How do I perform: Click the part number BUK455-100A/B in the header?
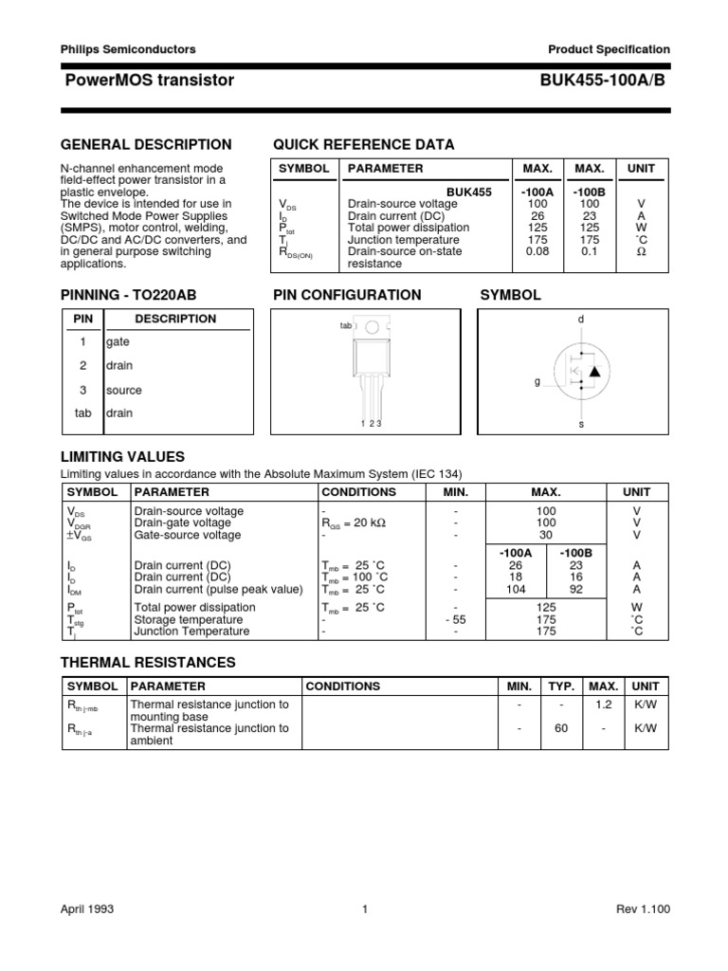pyautogui.click(x=605, y=81)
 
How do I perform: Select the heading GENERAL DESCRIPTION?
pyautogui.click(x=146, y=144)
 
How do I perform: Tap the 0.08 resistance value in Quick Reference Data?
pyautogui.click(x=537, y=252)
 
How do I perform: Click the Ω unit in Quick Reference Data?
pyautogui.click(x=642, y=252)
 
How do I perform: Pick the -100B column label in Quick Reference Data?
pyautogui.click(x=590, y=192)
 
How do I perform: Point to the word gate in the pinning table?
pyautogui.click(x=118, y=341)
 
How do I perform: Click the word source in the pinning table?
pyautogui.click(x=124, y=390)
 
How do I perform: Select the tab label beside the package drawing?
pyautogui.click(x=345, y=325)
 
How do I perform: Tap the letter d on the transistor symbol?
pyautogui.click(x=581, y=320)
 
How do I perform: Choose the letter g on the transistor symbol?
pyautogui.click(x=537, y=381)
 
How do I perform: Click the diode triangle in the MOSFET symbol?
pyautogui.click(x=594, y=371)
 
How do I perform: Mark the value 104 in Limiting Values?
pyautogui.click(x=517, y=589)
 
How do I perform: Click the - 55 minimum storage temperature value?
pyautogui.click(x=455, y=619)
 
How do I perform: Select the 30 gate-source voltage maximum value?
pyautogui.click(x=546, y=535)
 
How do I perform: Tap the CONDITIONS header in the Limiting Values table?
pyautogui.click(x=359, y=492)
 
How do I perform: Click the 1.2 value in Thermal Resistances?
pyautogui.click(x=603, y=705)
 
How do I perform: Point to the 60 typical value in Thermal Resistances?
pyautogui.click(x=562, y=728)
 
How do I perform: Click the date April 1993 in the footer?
pyautogui.click(x=87, y=909)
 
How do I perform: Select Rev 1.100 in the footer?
pyautogui.click(x=643, y=909)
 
